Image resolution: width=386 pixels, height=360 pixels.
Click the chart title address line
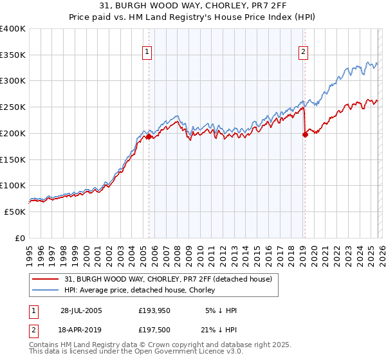tap(193, 6)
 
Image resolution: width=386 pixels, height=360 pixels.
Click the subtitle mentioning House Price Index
tap(193, 17)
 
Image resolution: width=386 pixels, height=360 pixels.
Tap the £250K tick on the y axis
tap(13, 107)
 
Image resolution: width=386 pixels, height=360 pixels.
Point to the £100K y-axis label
tap(13, 186)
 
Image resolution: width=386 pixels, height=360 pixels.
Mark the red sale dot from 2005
tap(149, 136)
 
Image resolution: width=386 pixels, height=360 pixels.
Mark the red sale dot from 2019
tap(305, 134)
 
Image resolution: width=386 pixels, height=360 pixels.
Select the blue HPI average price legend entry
tap(152, 290)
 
